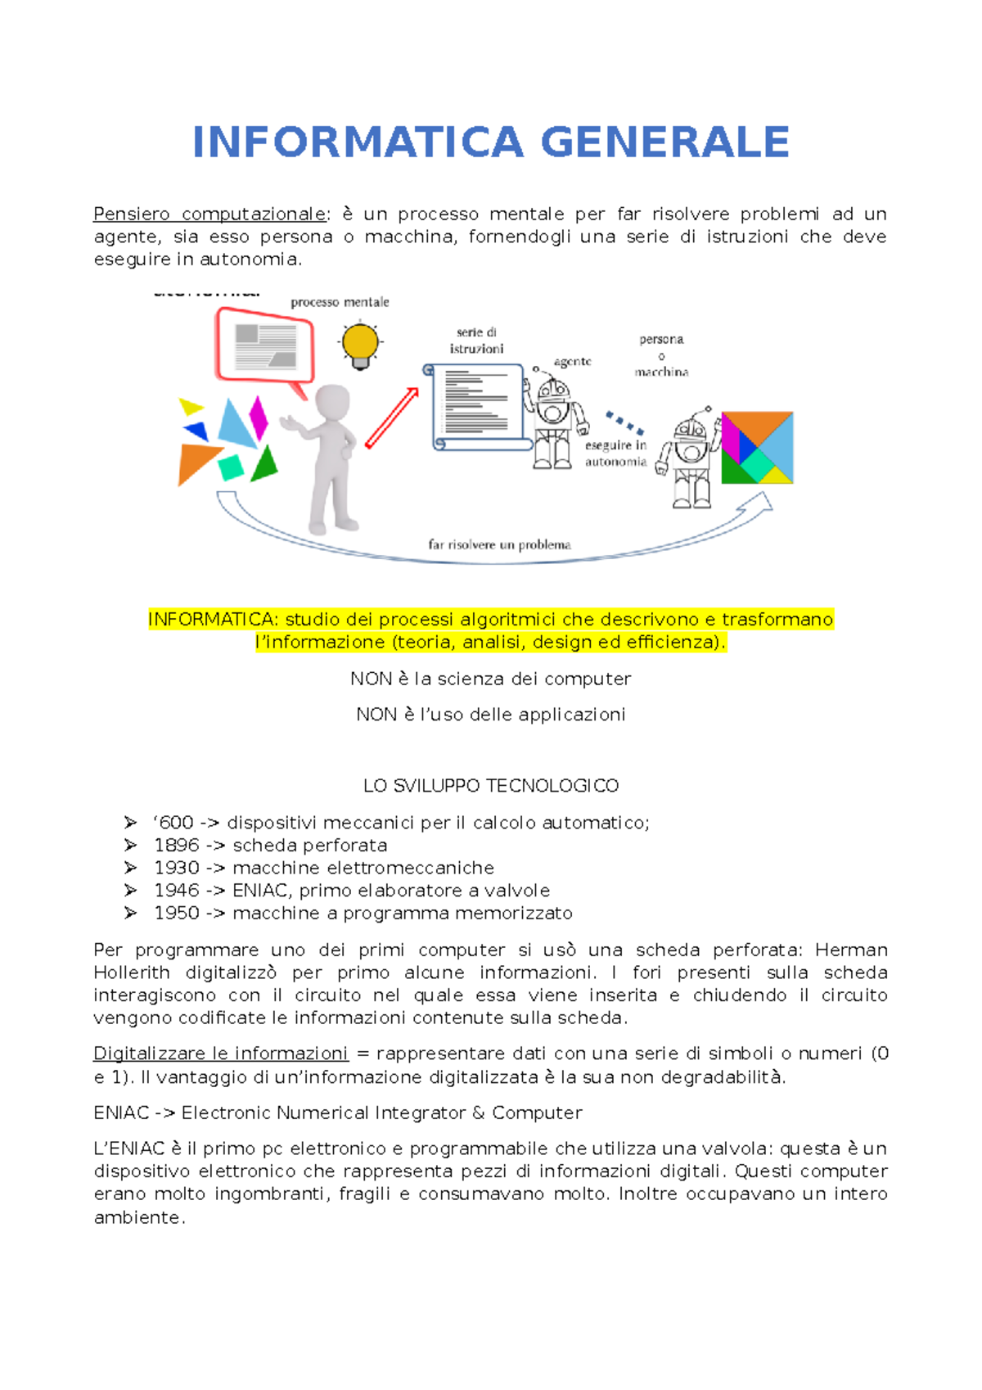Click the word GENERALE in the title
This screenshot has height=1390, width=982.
point(664,142)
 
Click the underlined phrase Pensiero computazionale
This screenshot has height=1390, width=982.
point(209,214)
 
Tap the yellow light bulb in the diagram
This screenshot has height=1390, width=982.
point(360,344)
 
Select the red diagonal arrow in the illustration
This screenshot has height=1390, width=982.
point(391,417)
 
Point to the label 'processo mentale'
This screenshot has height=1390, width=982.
point(340,302)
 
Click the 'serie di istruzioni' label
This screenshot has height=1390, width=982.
point(476,341)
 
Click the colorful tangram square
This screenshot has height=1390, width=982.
point(757,448)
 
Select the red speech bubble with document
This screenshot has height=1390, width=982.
point(264,346)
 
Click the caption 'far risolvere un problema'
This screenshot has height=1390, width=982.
point(499,544)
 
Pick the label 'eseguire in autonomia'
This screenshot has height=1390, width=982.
point(615,454)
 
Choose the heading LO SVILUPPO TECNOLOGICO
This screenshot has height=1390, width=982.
point(491,786)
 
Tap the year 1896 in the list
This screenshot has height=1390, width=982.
point(177,846)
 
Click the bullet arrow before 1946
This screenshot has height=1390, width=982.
point(131,891)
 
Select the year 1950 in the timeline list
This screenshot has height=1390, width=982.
point(177,914)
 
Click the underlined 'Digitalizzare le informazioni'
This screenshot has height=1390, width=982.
point(221,1054)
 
